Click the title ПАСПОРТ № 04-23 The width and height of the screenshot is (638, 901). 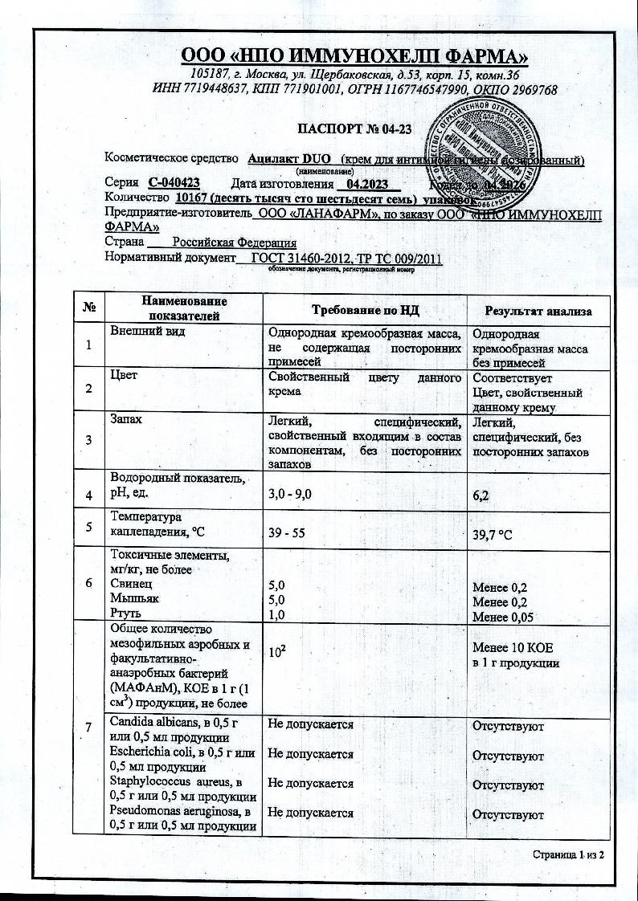(354, 128)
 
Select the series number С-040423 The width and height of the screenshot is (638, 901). (174, 182)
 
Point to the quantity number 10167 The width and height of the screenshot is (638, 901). (194, 198)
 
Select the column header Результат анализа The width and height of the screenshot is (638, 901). (538, 311)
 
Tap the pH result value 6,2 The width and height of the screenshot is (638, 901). (482, 497)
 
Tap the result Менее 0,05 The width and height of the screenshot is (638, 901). (502, 617)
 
